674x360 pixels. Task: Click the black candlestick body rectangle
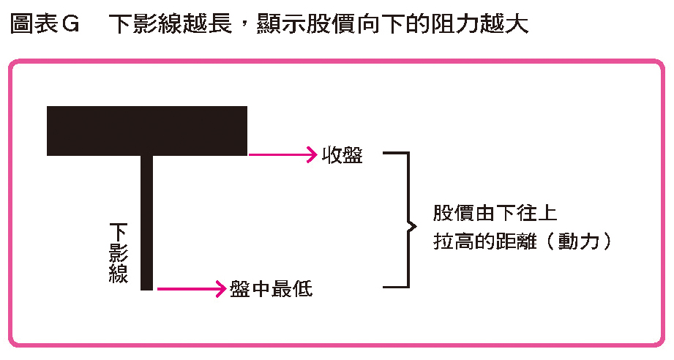[147, 130]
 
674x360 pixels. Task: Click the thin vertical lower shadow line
[146, 222]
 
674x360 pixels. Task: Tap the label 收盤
[342, 155]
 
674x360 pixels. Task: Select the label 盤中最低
[271, 289]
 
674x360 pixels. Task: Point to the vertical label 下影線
[119, 252]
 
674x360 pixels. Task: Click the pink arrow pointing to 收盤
[282, 154]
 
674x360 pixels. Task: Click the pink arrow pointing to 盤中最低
[191, 289]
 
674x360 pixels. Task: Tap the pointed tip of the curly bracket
[416, 226]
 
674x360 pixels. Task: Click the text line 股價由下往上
[495, 213]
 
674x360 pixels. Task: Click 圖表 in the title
[34, 23]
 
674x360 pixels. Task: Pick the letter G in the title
[71, 24]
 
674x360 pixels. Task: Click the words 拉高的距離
[484, 241]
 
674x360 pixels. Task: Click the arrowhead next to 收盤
[312, 154]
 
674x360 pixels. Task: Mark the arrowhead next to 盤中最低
[221, 289]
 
